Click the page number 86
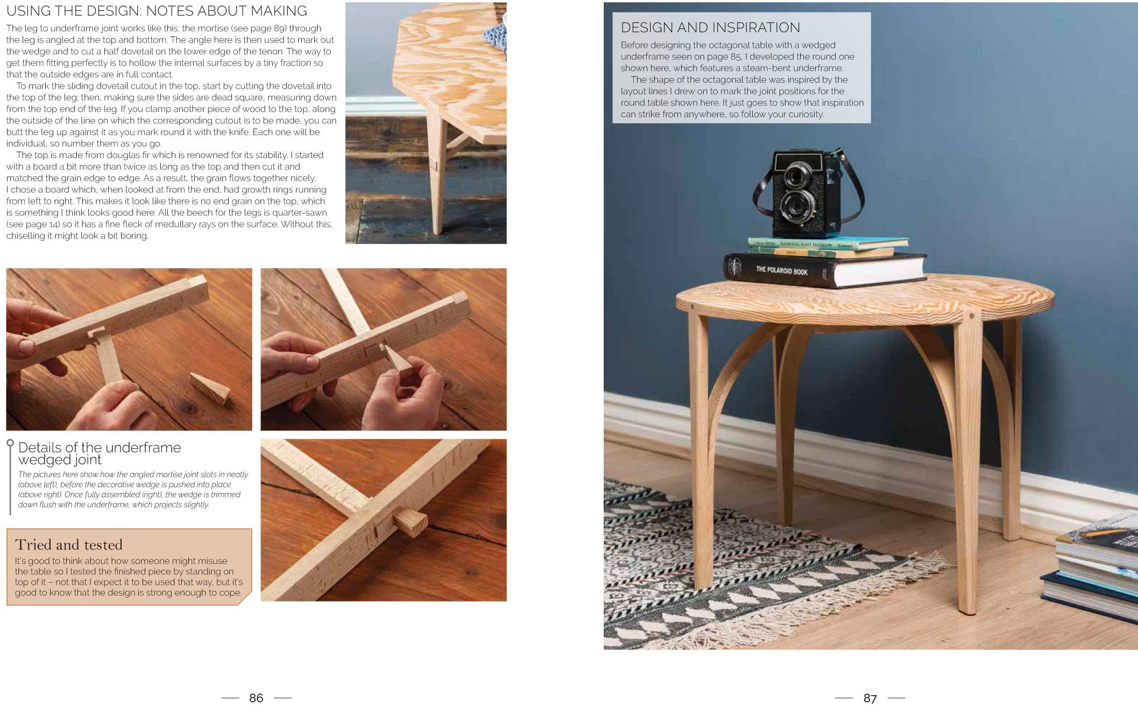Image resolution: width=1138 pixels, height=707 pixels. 256,698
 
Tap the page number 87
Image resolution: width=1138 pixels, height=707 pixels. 870,698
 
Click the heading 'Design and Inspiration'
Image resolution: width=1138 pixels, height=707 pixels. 710,27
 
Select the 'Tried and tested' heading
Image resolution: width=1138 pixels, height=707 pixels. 69,545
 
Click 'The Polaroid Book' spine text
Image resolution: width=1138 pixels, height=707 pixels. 781,270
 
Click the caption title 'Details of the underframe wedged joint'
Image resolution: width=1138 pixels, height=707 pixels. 99,453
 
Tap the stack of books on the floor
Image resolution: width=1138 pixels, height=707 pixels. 1092,570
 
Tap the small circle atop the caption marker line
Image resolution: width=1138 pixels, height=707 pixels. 10,444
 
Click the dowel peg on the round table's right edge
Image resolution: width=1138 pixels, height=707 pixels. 972,316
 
